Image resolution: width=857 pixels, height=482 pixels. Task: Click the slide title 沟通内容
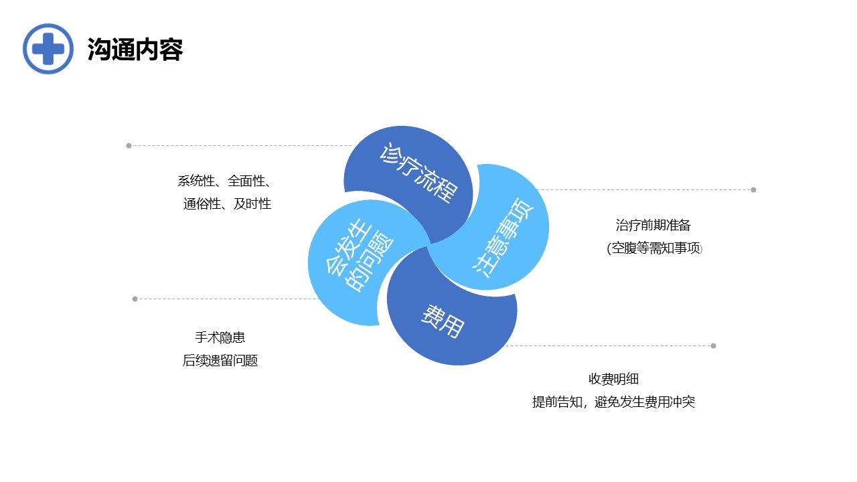click(135, 50)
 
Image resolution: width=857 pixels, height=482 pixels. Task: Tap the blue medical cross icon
click(48, 49)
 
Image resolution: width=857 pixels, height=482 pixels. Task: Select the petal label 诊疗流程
click(418, 172)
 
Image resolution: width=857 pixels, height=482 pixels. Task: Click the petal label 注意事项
click(502, 237)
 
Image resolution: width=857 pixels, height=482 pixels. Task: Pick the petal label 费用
click(443, 321)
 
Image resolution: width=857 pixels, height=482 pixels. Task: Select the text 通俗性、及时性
click(227, 204)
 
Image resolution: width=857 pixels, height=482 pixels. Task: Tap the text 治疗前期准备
click(653, 226)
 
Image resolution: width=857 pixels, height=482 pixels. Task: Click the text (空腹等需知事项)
click(655, 248)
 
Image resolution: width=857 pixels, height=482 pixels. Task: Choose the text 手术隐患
click(220, 337)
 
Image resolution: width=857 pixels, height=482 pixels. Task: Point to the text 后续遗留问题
click(220, 360)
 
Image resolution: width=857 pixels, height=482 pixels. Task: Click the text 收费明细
click(614, 379)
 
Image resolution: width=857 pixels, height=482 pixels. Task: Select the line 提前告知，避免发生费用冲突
click(614, 402)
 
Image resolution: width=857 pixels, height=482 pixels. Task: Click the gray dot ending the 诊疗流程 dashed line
click(129, 146)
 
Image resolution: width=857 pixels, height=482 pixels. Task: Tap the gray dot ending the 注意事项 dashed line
click(753, 190)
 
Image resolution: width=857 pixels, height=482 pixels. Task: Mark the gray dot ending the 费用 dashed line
click(713, 346)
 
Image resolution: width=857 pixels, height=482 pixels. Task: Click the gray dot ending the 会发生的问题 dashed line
click(135, 299)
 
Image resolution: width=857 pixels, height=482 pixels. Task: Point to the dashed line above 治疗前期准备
click(645, 189)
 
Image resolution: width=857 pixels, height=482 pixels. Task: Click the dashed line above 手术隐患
click(226, 299)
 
